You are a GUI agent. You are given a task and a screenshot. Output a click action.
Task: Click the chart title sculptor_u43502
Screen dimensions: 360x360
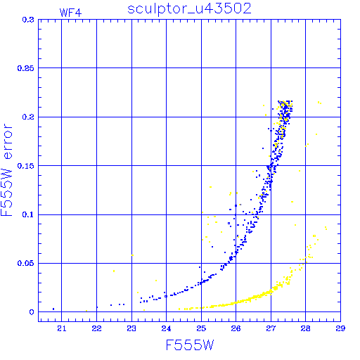(189, 9)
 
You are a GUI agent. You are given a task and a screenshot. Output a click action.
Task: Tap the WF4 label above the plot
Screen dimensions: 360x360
(70, 13)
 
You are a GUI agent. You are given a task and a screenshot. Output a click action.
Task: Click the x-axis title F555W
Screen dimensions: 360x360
(190, 345)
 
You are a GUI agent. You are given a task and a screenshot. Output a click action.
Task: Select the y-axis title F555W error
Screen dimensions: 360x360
(7, 170)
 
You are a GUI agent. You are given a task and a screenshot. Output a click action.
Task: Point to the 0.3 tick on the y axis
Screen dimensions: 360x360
(28, 20)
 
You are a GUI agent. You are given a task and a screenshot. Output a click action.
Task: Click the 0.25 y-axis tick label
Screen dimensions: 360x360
(26, 68)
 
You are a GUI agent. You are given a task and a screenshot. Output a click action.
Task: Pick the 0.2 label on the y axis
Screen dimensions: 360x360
(28, 117)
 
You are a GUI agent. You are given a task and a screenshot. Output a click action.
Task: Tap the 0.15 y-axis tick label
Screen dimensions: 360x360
(26, 166)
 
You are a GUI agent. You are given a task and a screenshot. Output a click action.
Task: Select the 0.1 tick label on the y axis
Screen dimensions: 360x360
(28, 214)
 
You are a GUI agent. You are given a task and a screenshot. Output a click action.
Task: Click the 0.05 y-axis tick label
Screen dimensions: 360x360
(26, 263)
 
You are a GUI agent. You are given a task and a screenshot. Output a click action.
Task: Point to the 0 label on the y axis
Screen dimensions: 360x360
(32, 312)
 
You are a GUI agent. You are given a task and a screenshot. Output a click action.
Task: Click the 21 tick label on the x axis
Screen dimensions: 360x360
(62, 328)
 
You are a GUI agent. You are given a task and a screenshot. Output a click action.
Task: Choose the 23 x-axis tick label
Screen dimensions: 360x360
(131, 328)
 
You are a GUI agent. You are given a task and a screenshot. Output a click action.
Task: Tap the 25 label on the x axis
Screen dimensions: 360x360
(201, 328)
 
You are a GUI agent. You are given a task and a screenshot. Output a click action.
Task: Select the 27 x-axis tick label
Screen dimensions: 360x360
(271, 328)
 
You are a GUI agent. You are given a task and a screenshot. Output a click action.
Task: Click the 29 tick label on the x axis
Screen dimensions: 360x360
(340, 328)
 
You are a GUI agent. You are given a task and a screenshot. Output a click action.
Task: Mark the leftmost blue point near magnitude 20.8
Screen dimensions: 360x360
(53, 309)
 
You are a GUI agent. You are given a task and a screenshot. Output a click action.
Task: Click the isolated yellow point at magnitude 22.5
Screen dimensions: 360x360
(114, 271)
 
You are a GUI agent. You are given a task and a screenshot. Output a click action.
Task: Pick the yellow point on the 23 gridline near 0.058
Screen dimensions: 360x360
(132, 255)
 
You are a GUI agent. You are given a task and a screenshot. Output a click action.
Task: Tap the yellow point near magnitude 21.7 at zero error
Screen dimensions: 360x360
(86, 311)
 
